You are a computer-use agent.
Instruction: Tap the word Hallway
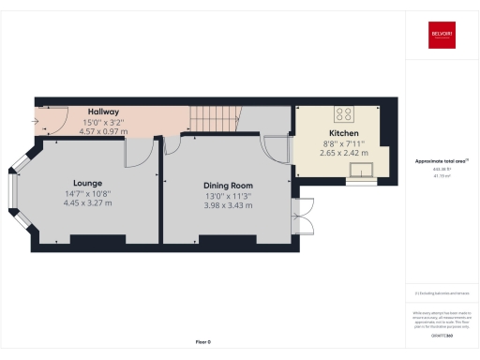103,112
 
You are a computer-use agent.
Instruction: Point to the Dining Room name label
229,186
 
